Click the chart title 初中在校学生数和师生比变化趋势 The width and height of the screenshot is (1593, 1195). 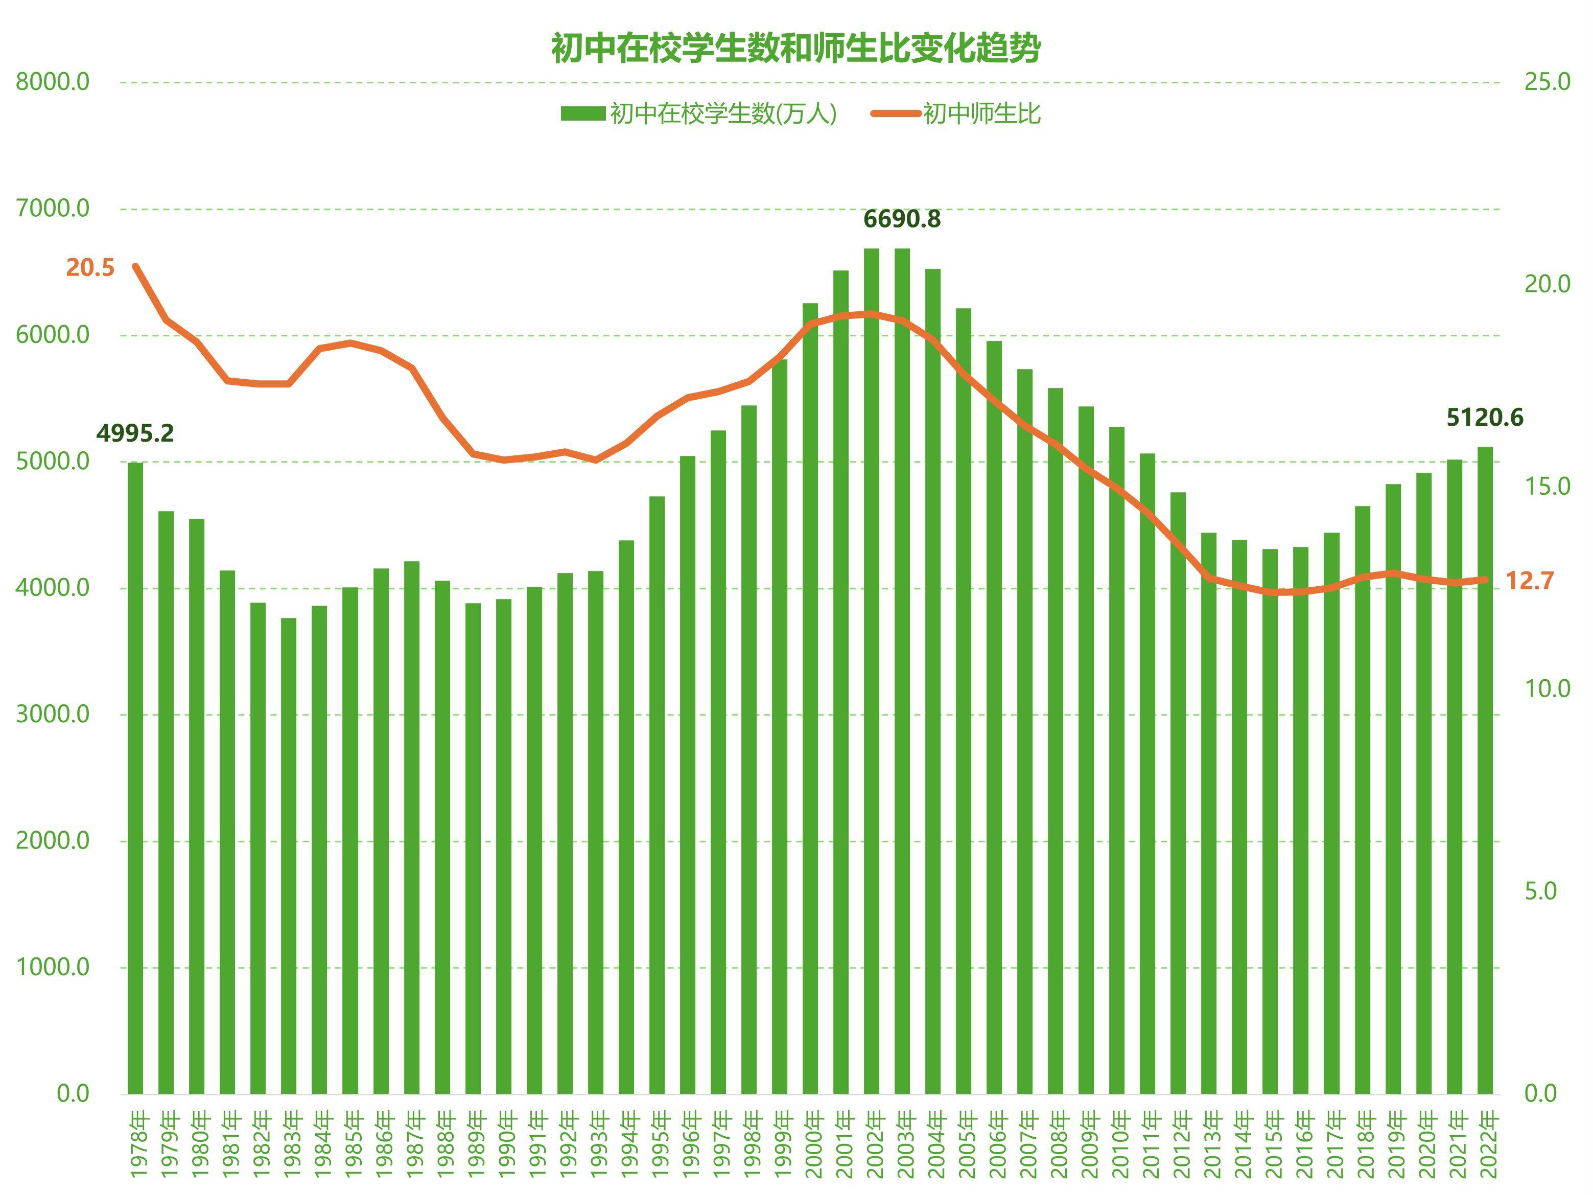point(796,48)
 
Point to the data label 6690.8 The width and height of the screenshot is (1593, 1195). point(902,219)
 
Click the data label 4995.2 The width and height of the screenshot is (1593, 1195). point(135,433)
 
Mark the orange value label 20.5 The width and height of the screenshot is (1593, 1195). point(90,268)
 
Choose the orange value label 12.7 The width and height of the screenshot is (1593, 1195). point(1530,581)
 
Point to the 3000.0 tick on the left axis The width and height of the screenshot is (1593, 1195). point(53,715)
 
